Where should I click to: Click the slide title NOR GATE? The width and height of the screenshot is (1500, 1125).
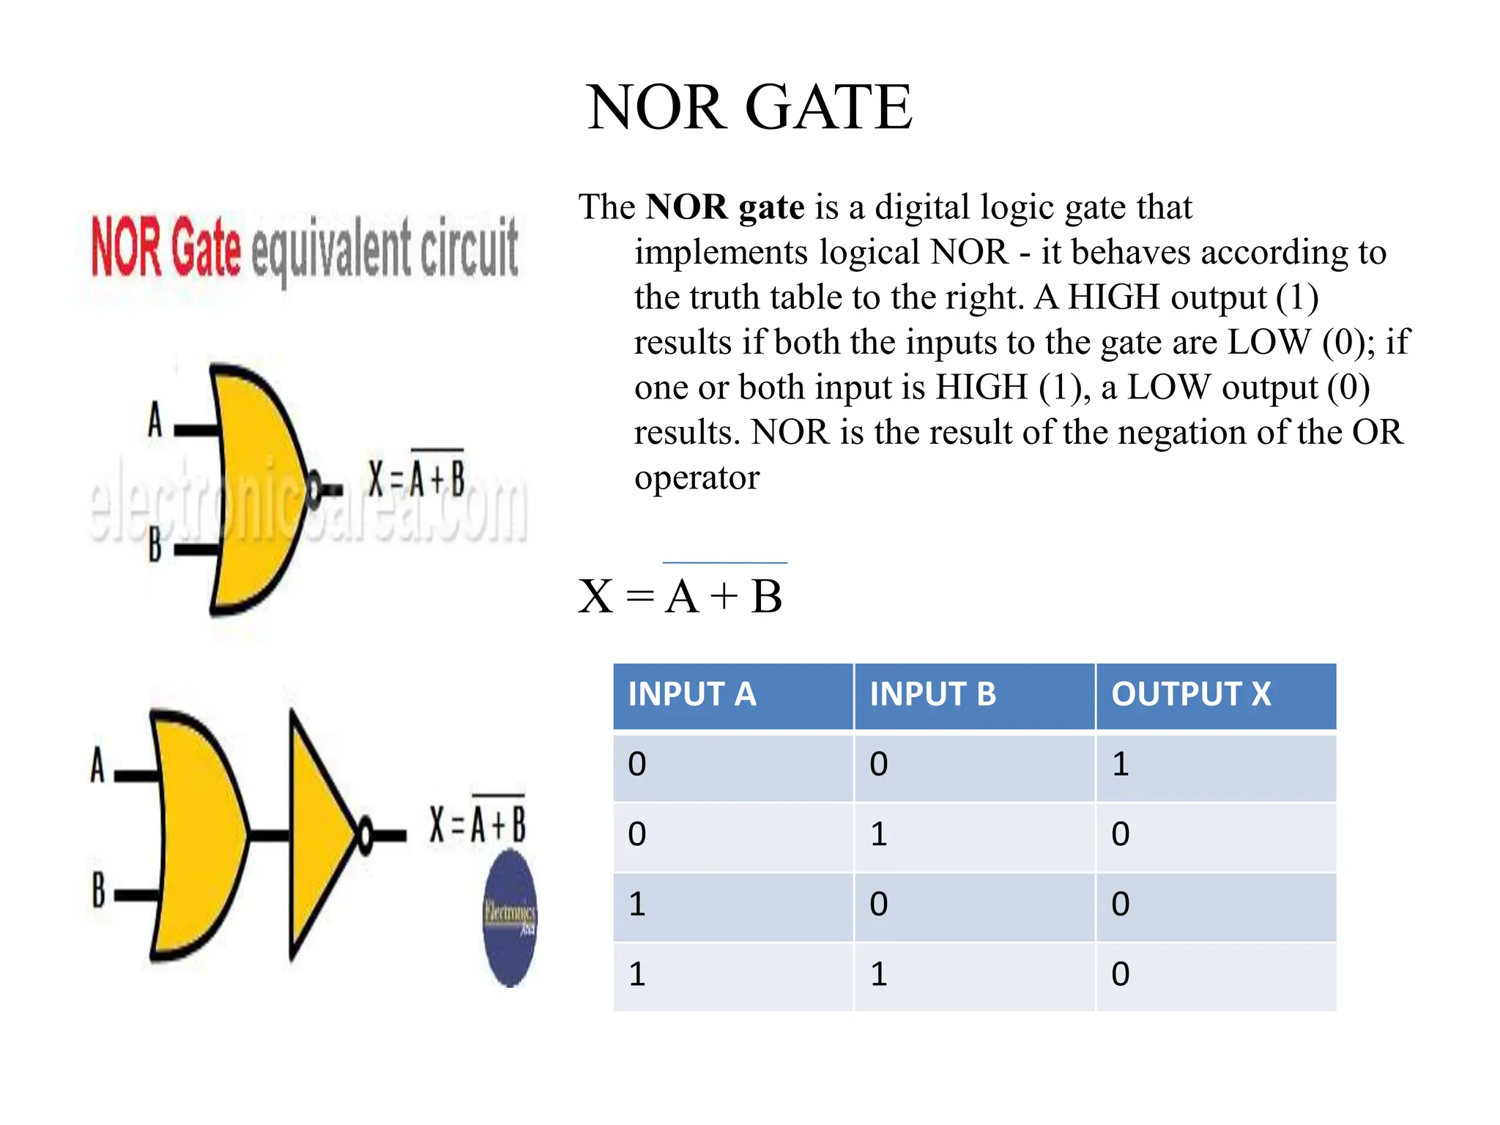749,108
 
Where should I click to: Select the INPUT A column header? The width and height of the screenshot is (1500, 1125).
691,694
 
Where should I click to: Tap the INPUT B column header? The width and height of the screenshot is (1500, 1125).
932,694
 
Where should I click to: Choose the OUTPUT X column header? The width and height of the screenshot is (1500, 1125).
1191,694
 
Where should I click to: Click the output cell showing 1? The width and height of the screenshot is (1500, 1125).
1121,765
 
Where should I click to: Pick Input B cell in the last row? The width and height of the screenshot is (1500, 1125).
879,975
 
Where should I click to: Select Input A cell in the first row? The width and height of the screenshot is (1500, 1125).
637,765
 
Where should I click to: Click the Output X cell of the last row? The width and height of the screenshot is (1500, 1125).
1121,975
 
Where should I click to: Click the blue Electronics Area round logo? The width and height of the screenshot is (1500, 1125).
510,919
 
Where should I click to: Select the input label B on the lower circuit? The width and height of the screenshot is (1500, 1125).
99,889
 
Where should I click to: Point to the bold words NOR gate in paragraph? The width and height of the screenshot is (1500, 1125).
724,207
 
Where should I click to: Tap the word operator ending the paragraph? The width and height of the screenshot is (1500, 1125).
697,478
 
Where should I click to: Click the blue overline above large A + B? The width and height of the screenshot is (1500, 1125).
724,562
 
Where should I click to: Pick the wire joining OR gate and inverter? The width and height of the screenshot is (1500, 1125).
270,834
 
